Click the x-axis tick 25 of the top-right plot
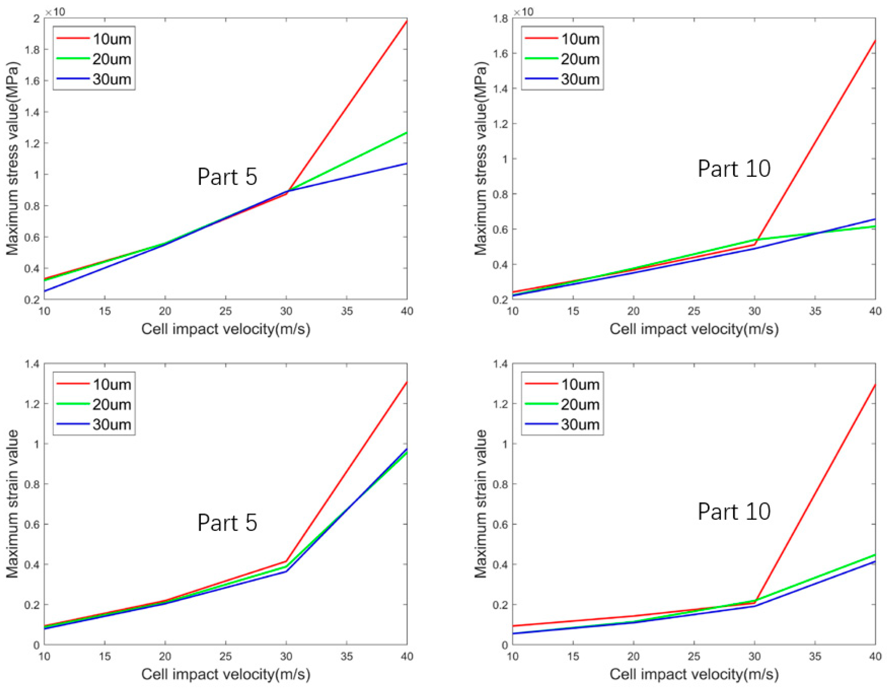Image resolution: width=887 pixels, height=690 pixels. [694, 312]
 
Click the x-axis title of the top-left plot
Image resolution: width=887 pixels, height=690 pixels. [226, 329]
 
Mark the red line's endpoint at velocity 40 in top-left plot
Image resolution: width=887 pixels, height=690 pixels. [407, 20]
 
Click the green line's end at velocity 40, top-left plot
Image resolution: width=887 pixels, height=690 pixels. [407, 133]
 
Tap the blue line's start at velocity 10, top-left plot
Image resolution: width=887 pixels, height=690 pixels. [45, 291]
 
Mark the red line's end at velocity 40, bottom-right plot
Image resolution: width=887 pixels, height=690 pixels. [874, 384]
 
